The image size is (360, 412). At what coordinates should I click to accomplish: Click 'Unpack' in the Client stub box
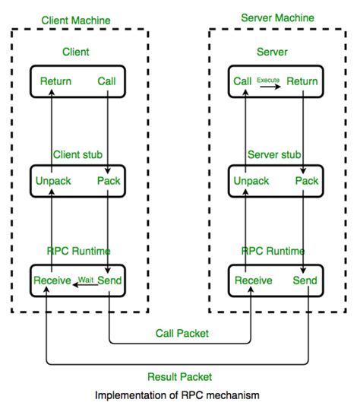(x=55, y=181)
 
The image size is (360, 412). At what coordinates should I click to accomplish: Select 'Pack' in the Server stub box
(x=306, y=181)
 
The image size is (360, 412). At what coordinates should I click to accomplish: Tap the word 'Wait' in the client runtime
(x=87, y=280)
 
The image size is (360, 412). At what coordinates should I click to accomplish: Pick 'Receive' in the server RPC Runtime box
(x=254, y=280)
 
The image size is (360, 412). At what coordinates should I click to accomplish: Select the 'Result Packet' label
(x=179, y=376)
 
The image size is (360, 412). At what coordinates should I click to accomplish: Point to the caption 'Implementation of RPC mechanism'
(x=179, y=395)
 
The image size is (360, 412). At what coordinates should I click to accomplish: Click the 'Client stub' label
(x=79, y=154)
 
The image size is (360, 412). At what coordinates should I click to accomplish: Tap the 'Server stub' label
(x=275, y=154)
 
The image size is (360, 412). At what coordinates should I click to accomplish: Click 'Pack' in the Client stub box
(x=109, y=181)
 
